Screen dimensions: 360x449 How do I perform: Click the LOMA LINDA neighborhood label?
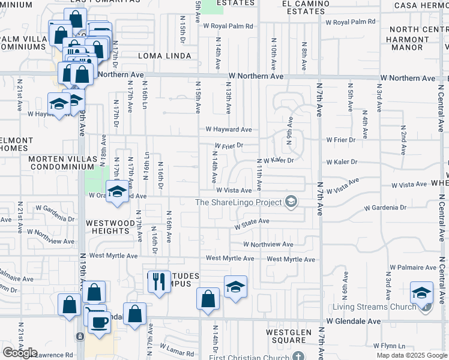tap(164, 56)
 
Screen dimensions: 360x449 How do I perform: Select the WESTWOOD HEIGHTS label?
tap(110, 227)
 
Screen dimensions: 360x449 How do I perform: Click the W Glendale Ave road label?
tap(354, 322)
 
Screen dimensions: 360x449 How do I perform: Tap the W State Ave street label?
tap(252, 224)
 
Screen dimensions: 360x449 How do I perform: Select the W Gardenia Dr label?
tap(385, 208)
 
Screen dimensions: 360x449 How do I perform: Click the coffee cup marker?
tap(99, 322)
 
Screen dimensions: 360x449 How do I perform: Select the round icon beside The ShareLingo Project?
tap(292, 202)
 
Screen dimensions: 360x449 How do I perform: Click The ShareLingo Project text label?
tap(239, 202)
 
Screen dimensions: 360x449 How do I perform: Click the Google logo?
tap(20, 353)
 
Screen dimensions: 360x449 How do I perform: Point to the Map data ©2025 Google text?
tap(411, 355)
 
